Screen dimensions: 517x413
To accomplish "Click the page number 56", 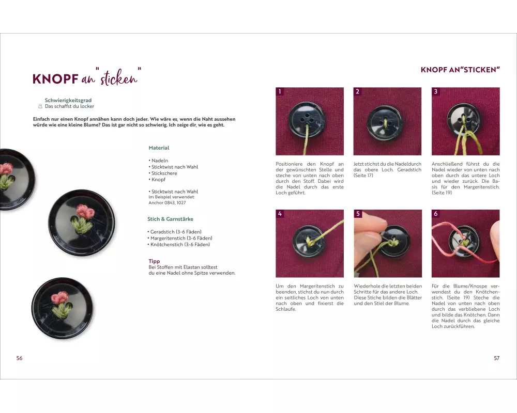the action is point(20,358).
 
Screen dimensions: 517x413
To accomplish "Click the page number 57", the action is point(496,358).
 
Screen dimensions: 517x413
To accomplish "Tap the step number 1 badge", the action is point(280,91).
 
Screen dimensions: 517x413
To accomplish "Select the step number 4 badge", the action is point(280,213).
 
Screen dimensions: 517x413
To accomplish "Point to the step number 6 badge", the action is point(435,213).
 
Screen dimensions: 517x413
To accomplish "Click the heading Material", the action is point(159,148).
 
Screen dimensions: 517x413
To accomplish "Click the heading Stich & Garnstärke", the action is point(171,219).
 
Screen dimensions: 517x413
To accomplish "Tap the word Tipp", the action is point(154,261).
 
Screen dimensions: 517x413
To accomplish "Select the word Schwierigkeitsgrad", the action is point(68,100).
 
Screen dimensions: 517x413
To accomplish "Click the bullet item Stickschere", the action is point(163,173).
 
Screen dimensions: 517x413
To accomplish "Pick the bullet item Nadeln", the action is point(158,161).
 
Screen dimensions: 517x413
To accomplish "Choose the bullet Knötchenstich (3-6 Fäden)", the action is point(179,244).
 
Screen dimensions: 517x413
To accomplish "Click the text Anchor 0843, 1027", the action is point(167,202).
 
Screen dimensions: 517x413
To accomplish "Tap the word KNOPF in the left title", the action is point(55,80).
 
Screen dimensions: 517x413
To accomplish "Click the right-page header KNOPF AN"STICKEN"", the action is point(460,70).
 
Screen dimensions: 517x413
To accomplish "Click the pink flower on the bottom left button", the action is point(59,298).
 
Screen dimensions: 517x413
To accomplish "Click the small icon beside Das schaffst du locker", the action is point(40,106).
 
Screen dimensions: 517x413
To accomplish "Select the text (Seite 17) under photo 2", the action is point(363,176).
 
